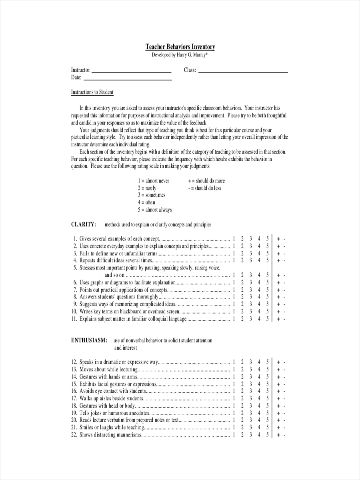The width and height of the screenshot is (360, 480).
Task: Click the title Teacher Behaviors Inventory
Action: [x=180, y=47]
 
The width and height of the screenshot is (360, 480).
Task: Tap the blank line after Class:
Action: [x=243, y=72]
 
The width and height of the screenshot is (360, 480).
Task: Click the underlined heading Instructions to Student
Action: [x=92, y=92]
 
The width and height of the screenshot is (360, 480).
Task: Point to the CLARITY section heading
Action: [x=83, y=224]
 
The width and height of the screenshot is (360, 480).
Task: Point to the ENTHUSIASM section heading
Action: [x=89, y=340]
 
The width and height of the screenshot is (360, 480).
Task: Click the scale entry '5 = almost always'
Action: [x=155, y=210]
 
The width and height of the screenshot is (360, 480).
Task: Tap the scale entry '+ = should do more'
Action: [x=206, y=181]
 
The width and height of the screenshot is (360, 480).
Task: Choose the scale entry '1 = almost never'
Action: [x=154, y=181]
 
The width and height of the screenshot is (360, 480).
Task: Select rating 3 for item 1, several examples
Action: [x=250, y=239]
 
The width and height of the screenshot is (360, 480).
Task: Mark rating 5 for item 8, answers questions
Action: [x=267, y=297]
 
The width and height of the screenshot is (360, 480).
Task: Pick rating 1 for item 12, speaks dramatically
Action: [x=234, y=362]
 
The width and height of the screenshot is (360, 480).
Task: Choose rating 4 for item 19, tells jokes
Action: [x=259, y=413]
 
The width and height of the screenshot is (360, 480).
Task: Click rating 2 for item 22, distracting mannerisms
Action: [x=242, y=435]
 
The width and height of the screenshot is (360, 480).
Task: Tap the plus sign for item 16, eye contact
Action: [x=278, y=391]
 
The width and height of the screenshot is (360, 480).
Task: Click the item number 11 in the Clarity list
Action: [x=74, y=319]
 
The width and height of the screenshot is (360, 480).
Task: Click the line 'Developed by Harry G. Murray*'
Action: [x=180, y=55]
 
